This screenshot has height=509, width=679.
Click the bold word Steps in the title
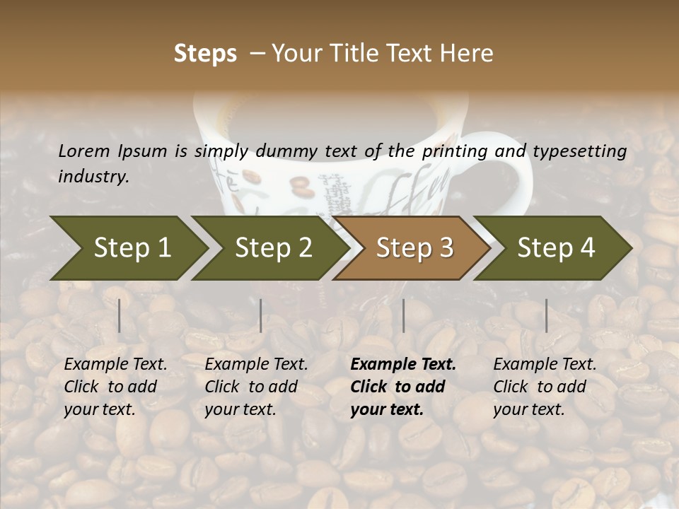205,53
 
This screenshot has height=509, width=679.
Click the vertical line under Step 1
120,315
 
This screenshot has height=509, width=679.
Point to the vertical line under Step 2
261,315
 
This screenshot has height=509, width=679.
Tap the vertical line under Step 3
404,315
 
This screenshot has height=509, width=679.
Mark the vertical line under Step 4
547,315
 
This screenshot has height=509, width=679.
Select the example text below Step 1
115,386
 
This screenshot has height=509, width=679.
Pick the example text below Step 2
256,386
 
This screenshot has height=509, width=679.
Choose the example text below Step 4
545,386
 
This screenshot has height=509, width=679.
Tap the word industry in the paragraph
93,177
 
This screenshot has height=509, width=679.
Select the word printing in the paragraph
451,151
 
